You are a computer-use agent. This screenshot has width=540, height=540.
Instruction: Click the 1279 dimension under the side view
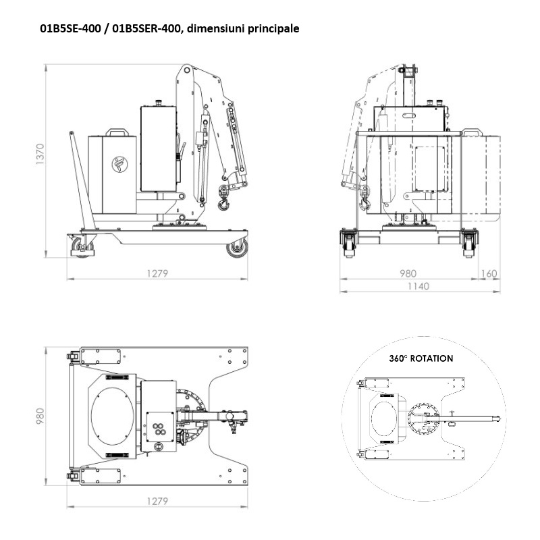[x=157, y=273]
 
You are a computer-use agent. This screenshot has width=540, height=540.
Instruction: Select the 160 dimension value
[x=489, y=273]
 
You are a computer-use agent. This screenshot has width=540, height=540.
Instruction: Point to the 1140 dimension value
[x=418, y=286]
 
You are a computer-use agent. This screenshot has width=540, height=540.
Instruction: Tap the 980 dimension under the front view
[x=408, y=273]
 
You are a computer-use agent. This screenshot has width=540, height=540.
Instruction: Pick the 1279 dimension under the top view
[x=157, y=502]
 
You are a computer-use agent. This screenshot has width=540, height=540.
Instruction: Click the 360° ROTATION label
[x=421, y=358]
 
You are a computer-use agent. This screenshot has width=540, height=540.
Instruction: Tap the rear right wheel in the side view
[x=236, y=249]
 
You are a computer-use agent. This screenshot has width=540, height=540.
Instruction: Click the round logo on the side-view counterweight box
[x=119, y=163]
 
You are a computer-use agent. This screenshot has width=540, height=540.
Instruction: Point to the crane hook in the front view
[x=365, y=200]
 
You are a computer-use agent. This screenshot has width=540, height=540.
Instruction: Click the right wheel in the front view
[x=468, y=245]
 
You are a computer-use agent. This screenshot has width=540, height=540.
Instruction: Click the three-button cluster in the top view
[x=160, y=427]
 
